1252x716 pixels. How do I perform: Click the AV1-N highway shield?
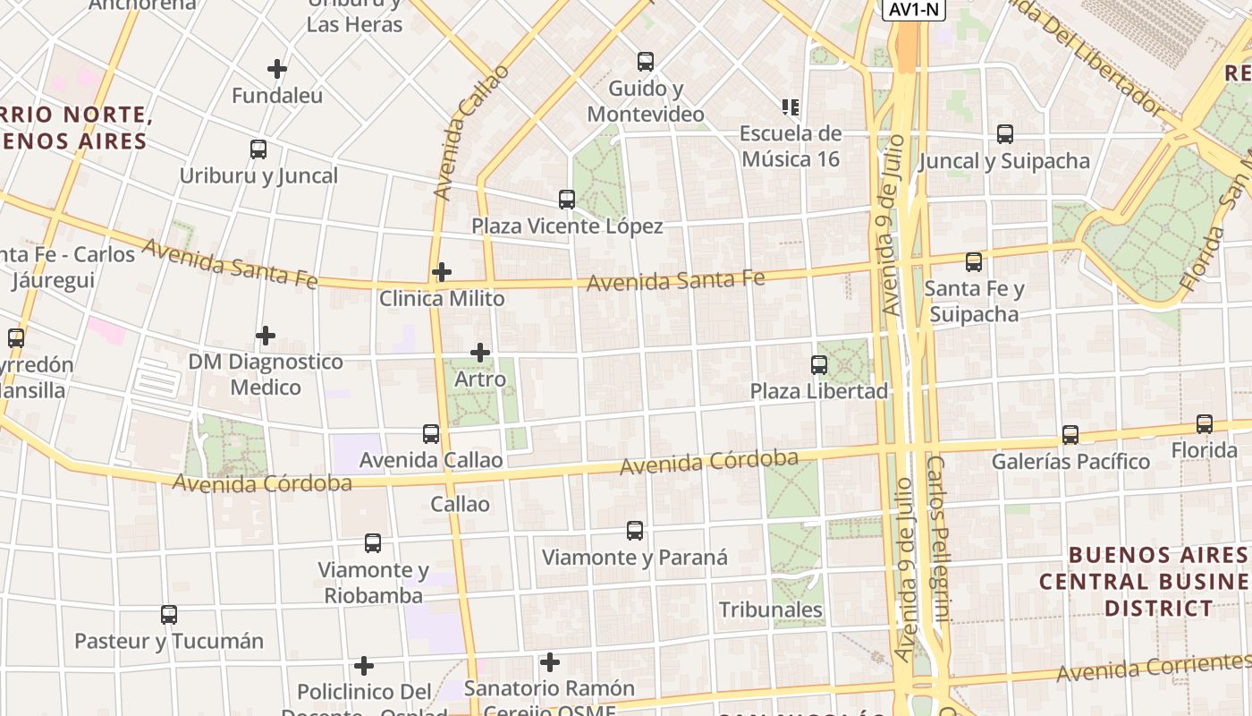tap(913, 9)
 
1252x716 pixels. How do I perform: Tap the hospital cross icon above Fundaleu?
tap(277, 68)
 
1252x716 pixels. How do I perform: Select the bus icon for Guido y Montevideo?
tap(646, 62)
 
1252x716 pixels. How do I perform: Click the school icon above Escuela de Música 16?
tap(791, 107)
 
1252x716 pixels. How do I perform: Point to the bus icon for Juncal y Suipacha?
tap(1005, 134)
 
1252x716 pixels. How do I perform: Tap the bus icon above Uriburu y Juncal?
tap(258, 149)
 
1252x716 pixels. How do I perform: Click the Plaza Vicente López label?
tap(567, 226)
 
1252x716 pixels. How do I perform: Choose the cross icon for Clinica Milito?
tap(442, 272)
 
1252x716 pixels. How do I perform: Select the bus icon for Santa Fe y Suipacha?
tap(974, 262)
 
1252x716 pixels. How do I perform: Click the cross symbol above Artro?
tap(480, 353)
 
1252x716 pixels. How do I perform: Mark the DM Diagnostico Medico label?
tap(266, 374)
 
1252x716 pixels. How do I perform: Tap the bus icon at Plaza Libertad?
tap(819, 365)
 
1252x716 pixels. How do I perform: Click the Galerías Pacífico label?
tap(1070, 462)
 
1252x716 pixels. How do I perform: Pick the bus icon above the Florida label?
tap(1205, 424)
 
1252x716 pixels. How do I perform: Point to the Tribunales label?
tap(771, 609)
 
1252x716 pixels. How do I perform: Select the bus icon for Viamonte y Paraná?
tap(635, 531)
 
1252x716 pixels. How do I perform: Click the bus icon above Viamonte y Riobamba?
tap(373, 543)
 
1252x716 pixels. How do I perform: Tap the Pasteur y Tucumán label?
tap(169, 641)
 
